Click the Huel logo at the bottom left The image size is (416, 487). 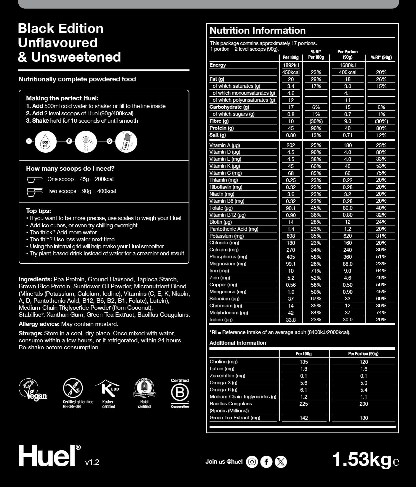pos(47,456)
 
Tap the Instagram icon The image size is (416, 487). pos(252,462)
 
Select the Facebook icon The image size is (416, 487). pos(266,462)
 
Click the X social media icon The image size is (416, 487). pos(281,462)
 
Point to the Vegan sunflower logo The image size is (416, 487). pos(33,389)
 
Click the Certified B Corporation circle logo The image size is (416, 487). pos(180,393)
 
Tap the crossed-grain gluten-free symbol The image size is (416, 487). pos(73,388)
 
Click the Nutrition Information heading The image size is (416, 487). pos(258,31)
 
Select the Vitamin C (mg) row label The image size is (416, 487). pos(226,173)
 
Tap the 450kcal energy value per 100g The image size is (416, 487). pos(291,72)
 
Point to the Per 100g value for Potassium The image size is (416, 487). pos(291,236)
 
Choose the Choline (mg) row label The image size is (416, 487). pos(224,362)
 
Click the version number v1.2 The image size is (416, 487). pos(92,462)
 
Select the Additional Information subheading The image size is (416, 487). pos(238,343)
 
